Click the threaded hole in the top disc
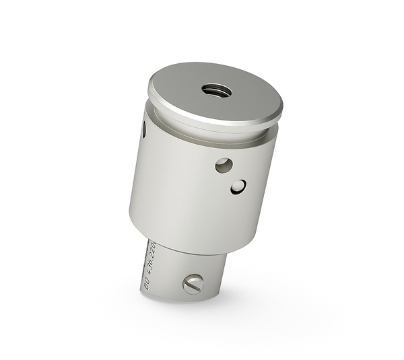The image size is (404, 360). tap(216, 89)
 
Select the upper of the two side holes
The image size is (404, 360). tap(224, 165)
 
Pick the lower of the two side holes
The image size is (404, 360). tap(238, 186)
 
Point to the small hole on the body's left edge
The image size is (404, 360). tap(143, 129)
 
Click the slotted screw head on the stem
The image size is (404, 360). tap(193, 284)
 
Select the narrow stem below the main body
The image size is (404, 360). tap(182, 269)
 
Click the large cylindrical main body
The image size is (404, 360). tap(195, 195)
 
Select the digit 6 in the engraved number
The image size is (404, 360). tap(150, 261)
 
